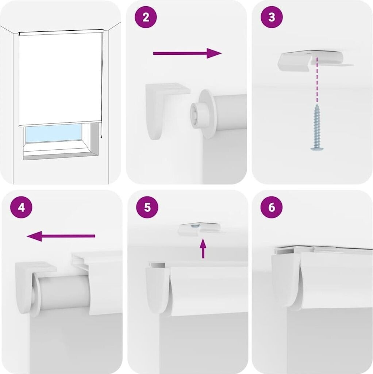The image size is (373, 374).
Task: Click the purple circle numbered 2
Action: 146,17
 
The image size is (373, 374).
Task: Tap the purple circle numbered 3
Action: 272,17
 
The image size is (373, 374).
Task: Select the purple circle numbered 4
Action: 21,207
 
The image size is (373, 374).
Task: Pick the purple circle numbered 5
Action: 147,207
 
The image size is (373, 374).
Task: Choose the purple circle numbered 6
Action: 272,207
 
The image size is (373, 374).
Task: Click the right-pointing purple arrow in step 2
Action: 187,53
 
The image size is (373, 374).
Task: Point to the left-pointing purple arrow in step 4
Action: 61,236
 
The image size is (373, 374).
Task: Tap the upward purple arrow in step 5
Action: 203,248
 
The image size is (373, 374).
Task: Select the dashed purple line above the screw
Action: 317,80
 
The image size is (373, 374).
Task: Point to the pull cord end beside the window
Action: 101,137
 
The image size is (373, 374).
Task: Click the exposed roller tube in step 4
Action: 64,292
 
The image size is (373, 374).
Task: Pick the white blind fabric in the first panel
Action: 61,79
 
